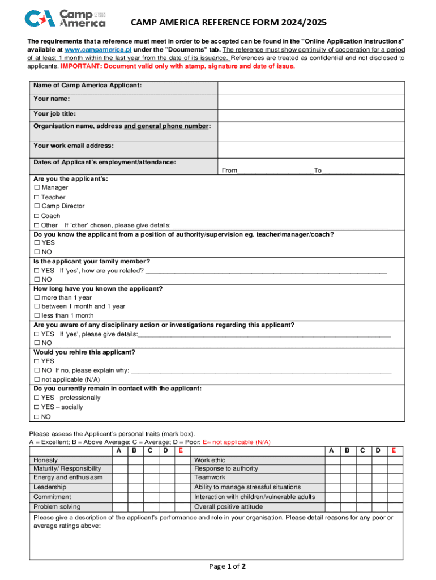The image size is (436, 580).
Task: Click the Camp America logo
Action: tap(65, 18)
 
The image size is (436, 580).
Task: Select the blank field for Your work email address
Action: tap(311, 149)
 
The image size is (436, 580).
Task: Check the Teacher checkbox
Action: tap(37, 197)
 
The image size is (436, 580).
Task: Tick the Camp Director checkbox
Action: tap(37, 207)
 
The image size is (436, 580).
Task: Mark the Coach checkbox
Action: tap(37, 216)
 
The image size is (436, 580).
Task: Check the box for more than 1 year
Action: tap(37, 297)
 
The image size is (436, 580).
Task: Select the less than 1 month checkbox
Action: tap(37, 315)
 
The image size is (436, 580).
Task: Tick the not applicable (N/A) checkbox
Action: tap(37, 379)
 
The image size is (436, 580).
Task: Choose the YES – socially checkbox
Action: tap(37, 407)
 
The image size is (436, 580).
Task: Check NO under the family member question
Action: tap(37, 279)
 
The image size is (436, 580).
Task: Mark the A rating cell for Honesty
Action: tap(119, 460)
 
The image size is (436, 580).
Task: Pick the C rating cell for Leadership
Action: tap(150, 487)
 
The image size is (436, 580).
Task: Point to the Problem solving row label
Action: tap(57, 507)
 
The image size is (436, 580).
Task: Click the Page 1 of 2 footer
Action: tap(227, 566)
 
